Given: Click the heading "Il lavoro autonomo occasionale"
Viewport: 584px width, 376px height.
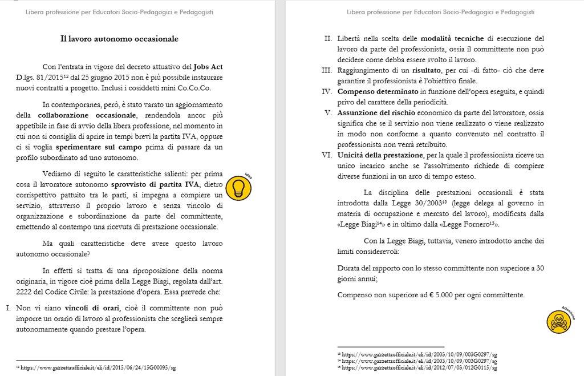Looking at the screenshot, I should pyautogui.click(x=120, y=39).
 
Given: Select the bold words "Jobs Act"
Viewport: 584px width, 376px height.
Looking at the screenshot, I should pyautogui.click(x=208, y=66).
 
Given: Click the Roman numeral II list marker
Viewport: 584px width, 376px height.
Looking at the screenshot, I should pyautogui.click(x=328, y=39).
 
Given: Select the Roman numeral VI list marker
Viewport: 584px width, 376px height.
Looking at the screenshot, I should pyautogui.click(x=327, y=155).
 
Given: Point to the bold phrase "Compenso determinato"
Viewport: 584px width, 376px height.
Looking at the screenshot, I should pyautogui.click(x=376, y=91).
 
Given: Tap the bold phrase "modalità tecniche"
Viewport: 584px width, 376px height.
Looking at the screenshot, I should pyautogui.click(x=452, y=39).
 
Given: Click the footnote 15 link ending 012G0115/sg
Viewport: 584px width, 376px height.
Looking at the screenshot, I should pyautogui.click(x=419, y=368).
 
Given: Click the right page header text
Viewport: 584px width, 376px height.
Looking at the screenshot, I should pyautogui.click(x=440, y=12).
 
